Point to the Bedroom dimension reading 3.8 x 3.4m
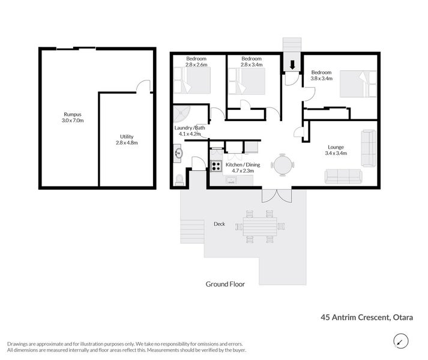pyautogui.click(x=321, y=77)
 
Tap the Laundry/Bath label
pyautogui.click(x=190, y=130)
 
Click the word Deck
pyautogui.click(x=219, y=224)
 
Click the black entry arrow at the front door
pyautogui.click(x=292, y=64)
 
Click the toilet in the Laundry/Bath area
pyautogui.click(x=180, y=178)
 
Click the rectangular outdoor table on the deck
pyautogui.click(x=261, y=227)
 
